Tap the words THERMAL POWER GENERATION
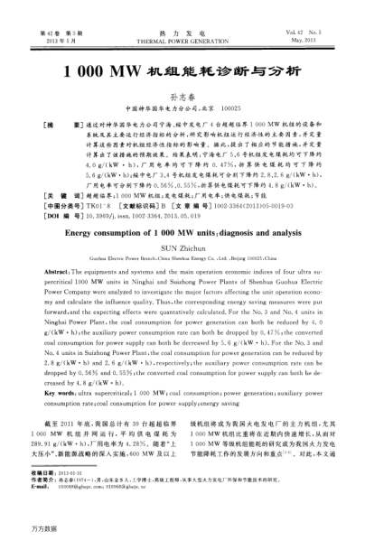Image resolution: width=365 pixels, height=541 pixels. point(183,41)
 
